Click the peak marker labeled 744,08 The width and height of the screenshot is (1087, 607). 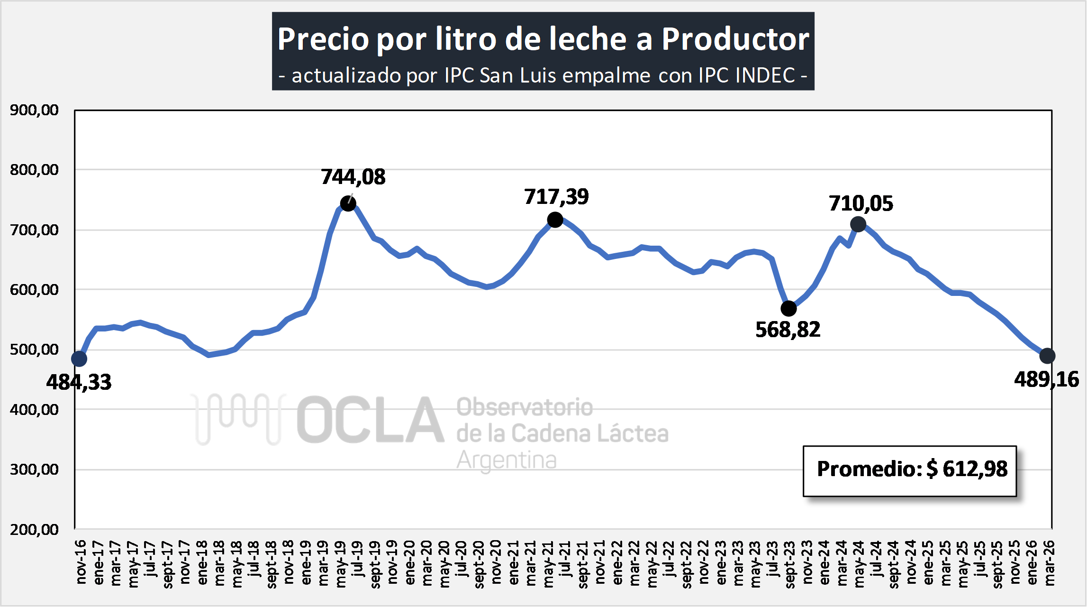pos(348,203)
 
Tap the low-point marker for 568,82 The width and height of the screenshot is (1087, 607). pos(788,309)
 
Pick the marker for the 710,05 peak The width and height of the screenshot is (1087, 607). pos(858,224)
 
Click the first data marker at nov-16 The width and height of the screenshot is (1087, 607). pos(79,359)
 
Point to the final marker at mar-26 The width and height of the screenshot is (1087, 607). pos(1047,356)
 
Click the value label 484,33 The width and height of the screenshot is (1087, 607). pos(79,382)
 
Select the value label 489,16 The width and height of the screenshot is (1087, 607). pos(1046,379)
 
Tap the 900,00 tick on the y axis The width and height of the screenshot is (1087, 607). pos(34,110)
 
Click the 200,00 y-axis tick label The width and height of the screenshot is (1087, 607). pos(34,529)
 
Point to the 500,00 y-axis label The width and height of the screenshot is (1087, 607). pos(34,349)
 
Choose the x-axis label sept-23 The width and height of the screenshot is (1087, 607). pos(790,564)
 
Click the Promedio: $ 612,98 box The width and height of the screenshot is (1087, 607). pos(910,470)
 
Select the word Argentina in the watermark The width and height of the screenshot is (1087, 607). pos(507,460)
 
